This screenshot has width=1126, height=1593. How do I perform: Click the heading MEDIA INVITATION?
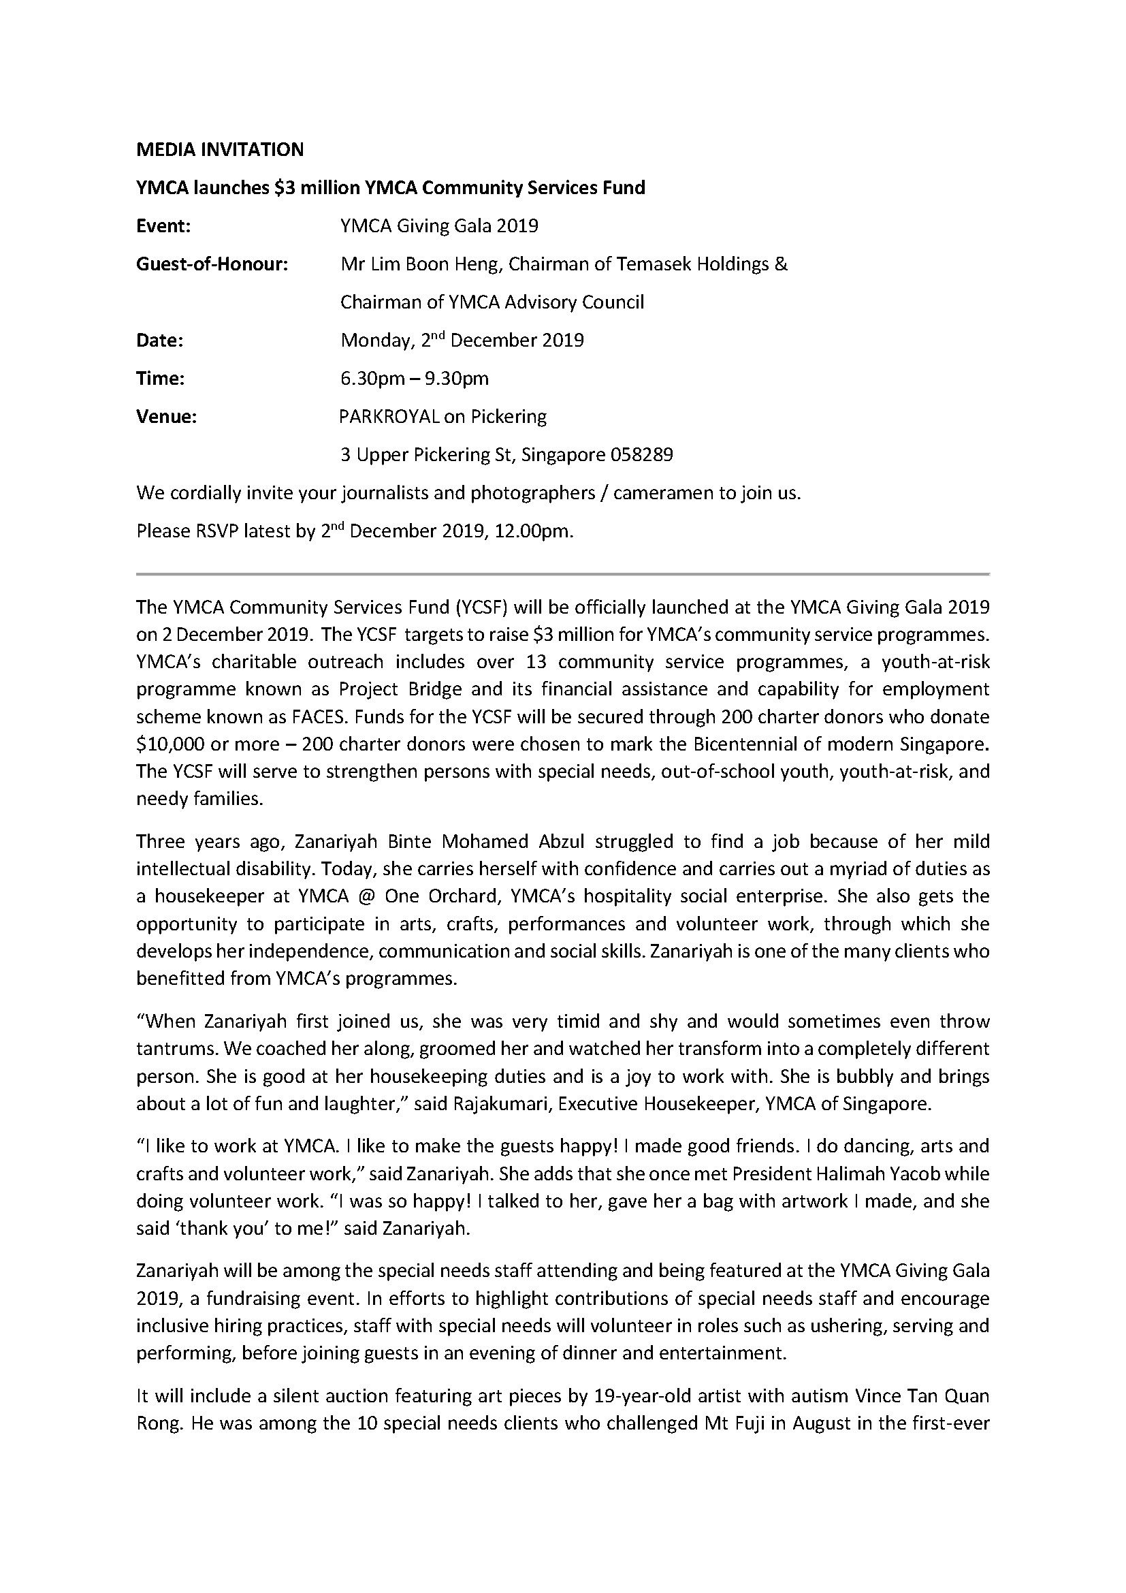[220, 150]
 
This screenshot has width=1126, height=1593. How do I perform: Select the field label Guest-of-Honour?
[212, 264]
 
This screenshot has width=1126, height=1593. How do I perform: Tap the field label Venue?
[166, 417]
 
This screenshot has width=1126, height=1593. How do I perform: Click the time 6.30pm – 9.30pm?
[415, 379]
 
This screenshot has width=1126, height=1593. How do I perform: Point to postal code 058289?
[641, 455]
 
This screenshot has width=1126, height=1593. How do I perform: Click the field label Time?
[160, 379]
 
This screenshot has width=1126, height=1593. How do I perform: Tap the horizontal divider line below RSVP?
[562, 575]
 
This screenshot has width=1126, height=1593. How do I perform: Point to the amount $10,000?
[168, 744]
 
